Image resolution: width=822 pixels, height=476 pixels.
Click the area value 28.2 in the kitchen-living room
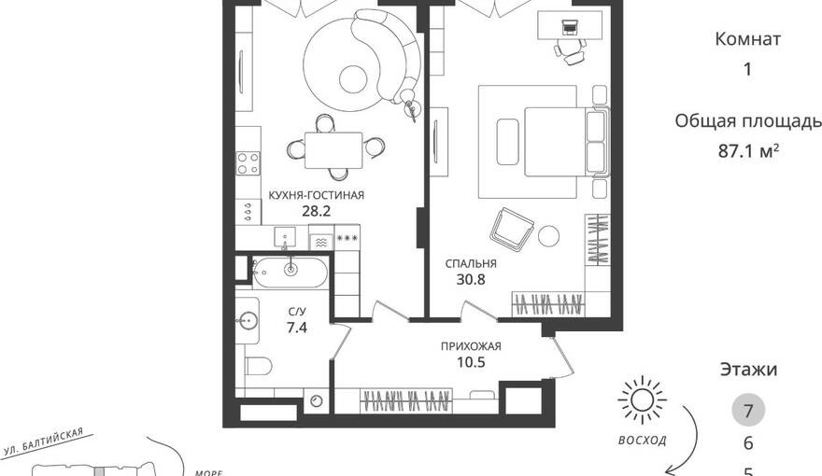(x=316, y=211)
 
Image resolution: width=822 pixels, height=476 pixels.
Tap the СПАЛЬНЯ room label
(x=471, y=263)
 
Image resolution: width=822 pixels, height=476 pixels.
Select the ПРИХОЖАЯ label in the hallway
(x=471, y=346)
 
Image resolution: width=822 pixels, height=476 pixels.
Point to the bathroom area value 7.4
(x=297, y=328)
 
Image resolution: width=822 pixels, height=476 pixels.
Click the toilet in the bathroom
(x=258, y=366)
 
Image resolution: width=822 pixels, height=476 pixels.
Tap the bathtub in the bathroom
(x=290, y=272)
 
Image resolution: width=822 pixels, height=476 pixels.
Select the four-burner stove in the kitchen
(x=248, y=162)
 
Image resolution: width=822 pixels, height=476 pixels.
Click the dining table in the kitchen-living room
(x=333, y=150)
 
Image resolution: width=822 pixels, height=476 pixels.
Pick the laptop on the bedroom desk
(x=569, y=25)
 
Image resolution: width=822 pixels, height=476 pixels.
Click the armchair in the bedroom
(x=512, y=229)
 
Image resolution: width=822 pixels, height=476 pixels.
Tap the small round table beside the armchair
(x=548, y=235)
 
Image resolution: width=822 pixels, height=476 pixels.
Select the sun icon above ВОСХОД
(x=642, y=400)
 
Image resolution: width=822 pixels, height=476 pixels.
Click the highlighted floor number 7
(x=748, y=410)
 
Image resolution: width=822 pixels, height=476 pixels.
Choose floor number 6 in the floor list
(x=748, y=443)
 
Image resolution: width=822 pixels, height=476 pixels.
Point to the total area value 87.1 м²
(x=748, y=151)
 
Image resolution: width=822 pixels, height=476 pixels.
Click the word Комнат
(x=748, y=39)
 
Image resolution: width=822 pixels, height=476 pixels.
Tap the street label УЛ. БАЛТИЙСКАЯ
(x=43, y=442)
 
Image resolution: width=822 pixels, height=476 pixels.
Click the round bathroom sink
(x=247, y=320)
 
